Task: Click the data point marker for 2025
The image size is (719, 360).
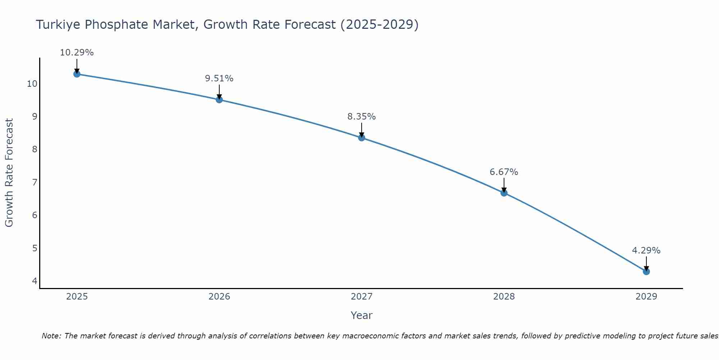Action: click(77, 74)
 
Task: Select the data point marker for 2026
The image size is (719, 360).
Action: click(219, 100)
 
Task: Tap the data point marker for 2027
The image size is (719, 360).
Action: click(362, 138)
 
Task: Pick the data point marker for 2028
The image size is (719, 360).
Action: click(504, 193)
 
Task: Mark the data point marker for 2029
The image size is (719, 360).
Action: click(646, 271)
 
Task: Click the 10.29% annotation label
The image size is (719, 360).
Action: click(77, 53)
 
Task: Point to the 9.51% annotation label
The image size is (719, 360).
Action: click(219, 78)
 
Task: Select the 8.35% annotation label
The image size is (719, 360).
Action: click(362, 117)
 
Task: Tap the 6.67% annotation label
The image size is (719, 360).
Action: click(504, 172)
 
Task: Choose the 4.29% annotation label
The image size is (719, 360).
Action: click(646, 251)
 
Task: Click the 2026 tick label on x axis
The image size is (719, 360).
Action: click(219, 297)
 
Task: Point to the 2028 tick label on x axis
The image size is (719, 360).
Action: click(504, 297)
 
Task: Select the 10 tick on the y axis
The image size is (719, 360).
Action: click(32, 84)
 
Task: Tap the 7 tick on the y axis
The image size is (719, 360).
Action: click(35, 183)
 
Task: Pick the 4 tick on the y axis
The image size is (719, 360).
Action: click(35, 281)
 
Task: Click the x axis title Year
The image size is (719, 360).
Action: click(361, 315)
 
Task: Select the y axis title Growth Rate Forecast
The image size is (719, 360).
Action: click(9, 173)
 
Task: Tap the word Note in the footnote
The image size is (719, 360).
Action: click(51, 336)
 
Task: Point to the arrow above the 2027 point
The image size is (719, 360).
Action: click(362, 130)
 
